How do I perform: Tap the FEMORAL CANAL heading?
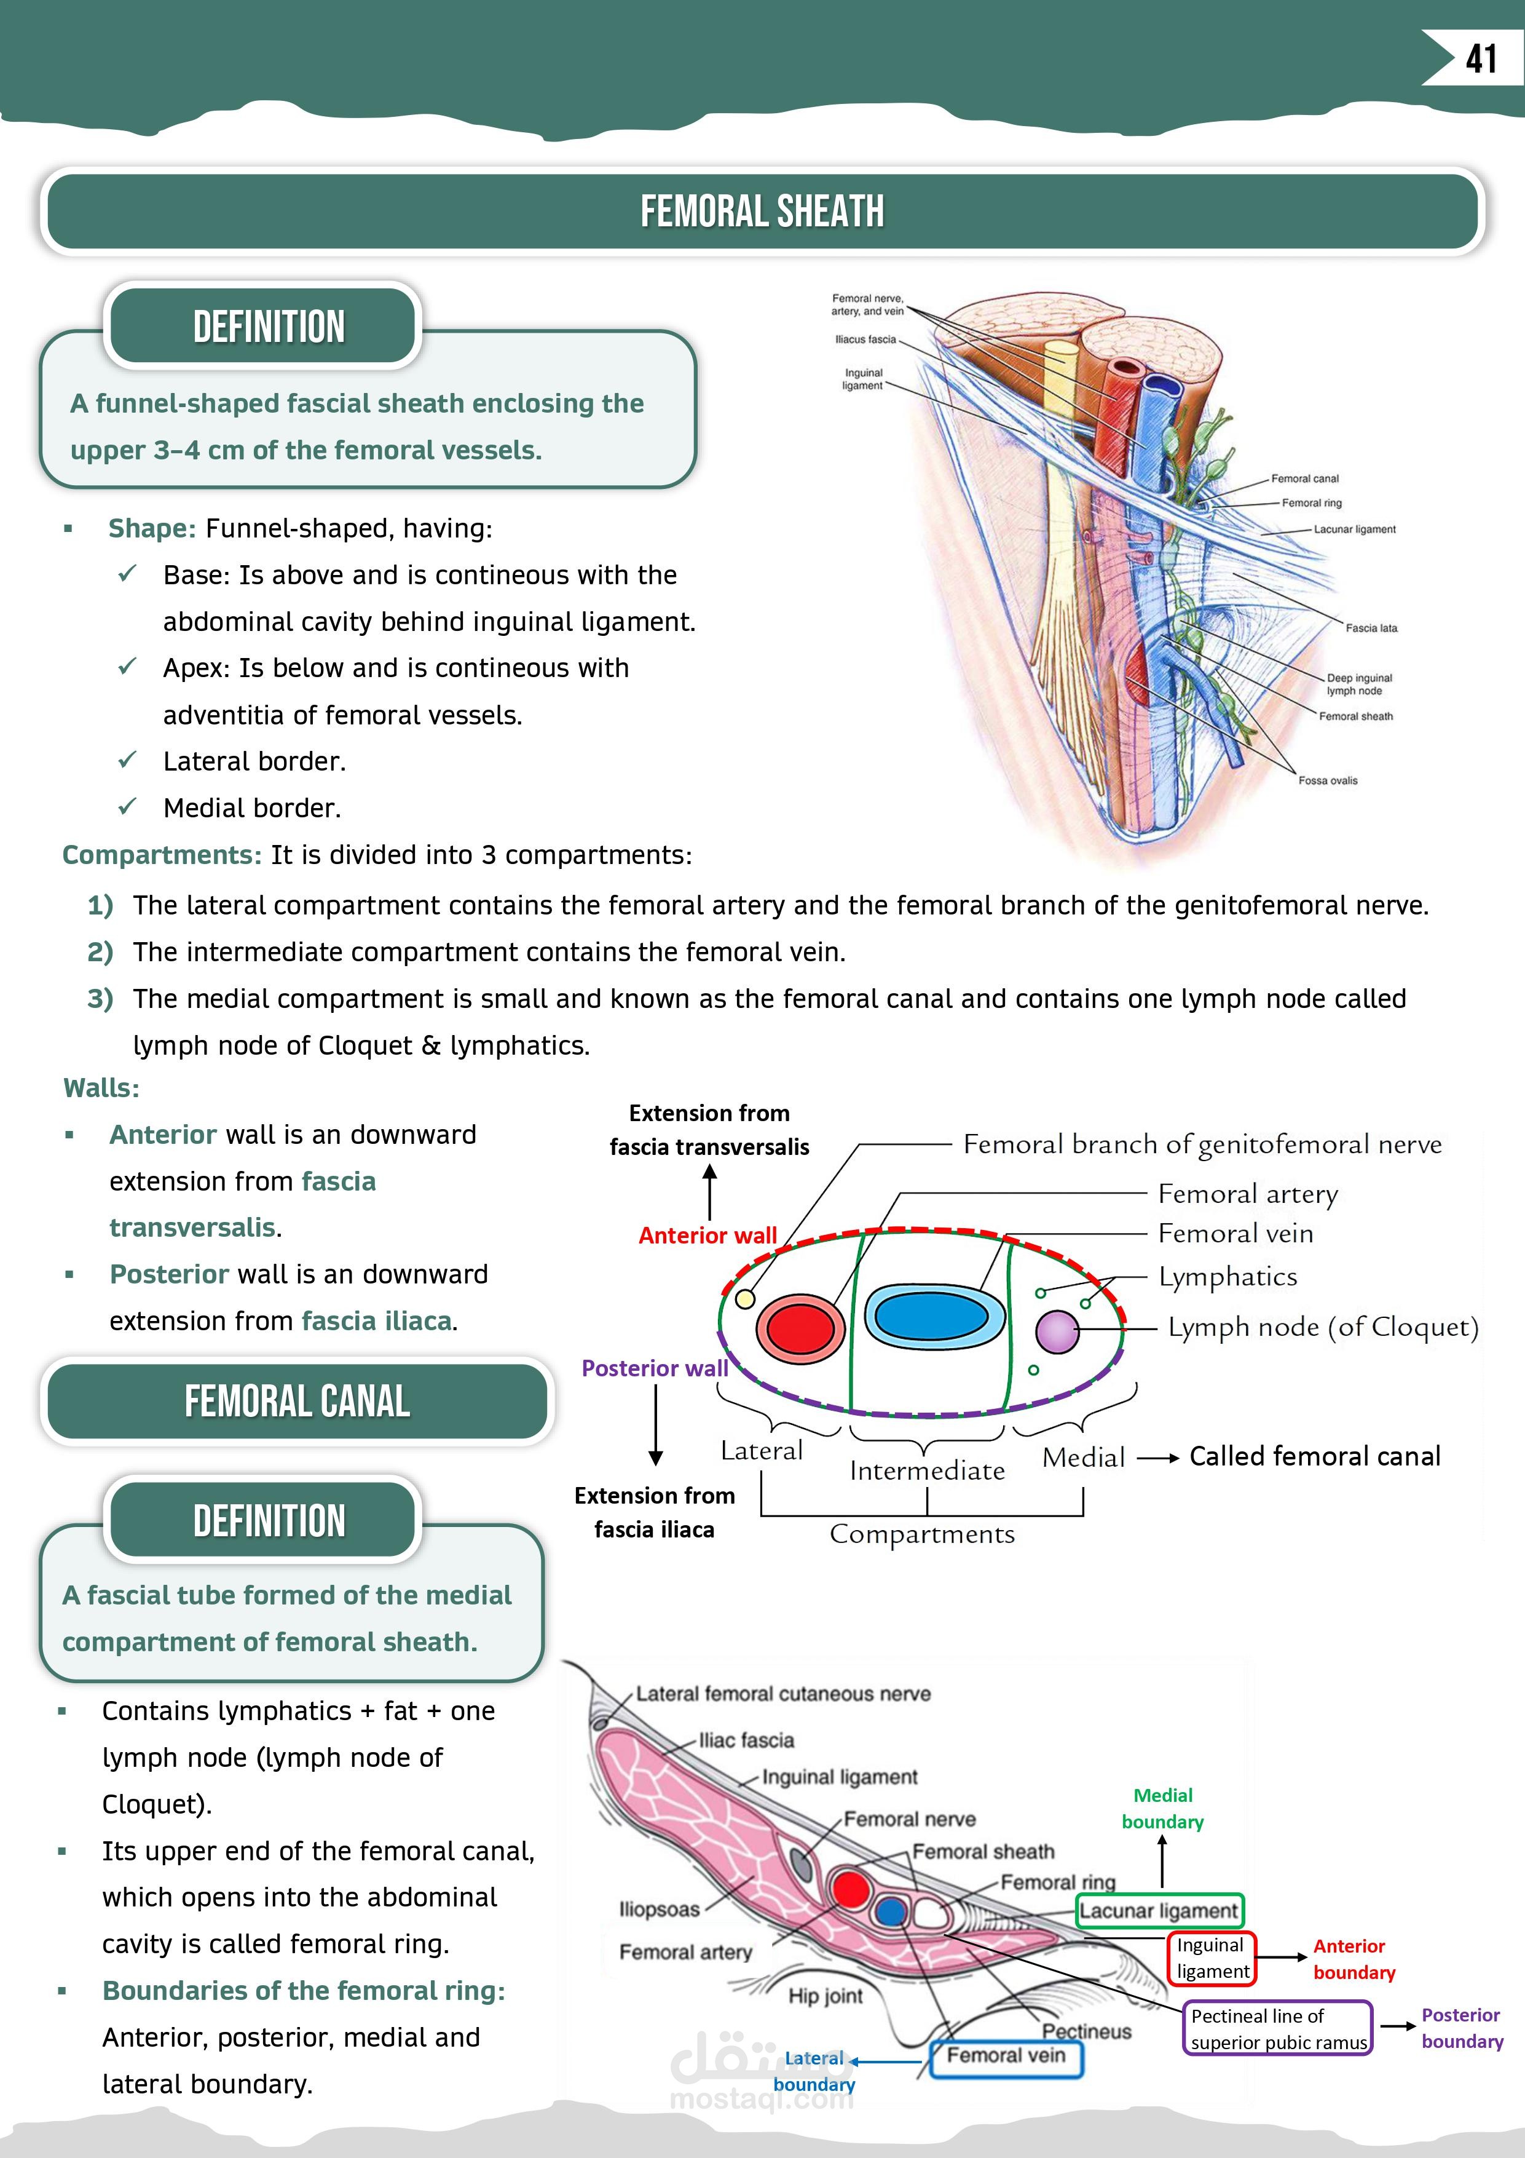297,1402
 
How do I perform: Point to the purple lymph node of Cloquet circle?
1057,1331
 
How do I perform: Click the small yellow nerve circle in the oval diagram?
744,1299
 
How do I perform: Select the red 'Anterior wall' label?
707,1235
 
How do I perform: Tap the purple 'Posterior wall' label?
654,1368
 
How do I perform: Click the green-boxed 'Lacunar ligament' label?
1159,1911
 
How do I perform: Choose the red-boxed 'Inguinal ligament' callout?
1212,1958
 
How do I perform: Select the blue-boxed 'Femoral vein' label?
1006,2055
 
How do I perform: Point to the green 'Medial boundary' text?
1162,1808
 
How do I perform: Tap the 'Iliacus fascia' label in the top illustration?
865,339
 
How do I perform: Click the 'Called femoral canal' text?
1315,1456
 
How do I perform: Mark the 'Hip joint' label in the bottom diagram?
825,1996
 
